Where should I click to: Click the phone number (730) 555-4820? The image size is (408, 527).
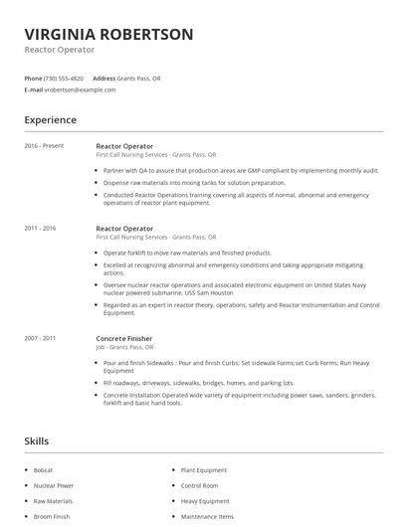64,78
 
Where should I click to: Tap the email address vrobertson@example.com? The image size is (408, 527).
80,89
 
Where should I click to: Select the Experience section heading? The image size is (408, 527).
50,120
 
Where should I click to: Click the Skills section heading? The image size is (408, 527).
36,440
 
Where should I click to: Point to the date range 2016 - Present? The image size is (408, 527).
45,146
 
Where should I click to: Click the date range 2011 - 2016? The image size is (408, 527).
41,229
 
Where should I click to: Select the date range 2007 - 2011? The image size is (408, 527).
41,338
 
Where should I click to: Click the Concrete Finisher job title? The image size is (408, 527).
124,338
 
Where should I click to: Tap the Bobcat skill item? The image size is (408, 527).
44,469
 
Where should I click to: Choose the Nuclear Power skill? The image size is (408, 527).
54,485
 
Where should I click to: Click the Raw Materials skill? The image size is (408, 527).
53,501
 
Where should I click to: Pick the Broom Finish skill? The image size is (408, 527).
52,517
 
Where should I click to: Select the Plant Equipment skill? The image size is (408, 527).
204,469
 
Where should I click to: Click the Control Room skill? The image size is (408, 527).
200,485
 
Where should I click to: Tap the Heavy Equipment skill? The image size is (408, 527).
205,501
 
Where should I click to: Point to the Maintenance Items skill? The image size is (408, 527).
207,517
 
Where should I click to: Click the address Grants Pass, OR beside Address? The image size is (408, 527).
138,78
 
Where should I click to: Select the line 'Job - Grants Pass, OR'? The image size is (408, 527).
125,348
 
